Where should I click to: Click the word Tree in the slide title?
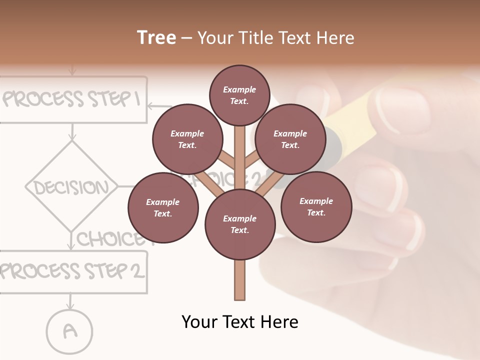tap(156, 38)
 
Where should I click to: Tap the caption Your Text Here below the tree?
tap(240, 322)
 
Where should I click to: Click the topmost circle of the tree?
tap(240, 95)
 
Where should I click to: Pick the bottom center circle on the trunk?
tap(240, 224)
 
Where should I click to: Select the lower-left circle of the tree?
tap(163, 207)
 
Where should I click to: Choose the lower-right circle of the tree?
tap(316, 206)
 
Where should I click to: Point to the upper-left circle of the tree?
tap(187, 139)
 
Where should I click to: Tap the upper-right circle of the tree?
tap(290, 139)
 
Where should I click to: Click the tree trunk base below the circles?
tap(240, 282)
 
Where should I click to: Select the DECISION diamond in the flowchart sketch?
tap(72, 187)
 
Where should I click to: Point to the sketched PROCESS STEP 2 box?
tap(73, 271)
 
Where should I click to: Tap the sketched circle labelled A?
tap(70, 330)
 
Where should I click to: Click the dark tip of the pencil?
tap(333, 145)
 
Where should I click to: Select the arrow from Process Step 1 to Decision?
tap(72, 132)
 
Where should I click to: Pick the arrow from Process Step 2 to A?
tap(70, 301)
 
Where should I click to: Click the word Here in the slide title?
tap(336, 38)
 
